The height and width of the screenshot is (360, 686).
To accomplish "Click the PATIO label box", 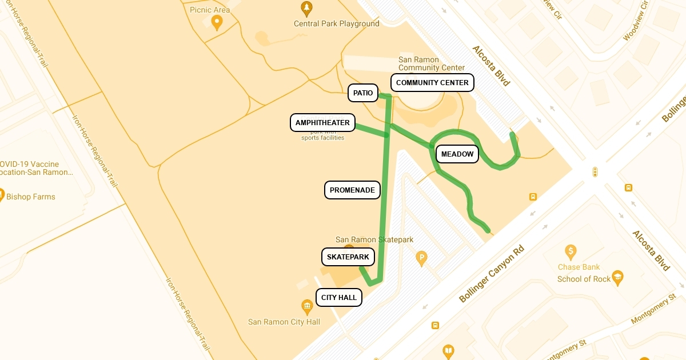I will click(x=363, y=93).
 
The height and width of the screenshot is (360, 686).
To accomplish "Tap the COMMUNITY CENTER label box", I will click(x=432, y=82).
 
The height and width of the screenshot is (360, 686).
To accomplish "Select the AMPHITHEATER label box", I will click(x=322, y=123).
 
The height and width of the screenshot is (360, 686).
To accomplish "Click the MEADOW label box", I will click(x=457, y=154).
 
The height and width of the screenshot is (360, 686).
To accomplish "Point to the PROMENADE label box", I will click(x=352, y=190).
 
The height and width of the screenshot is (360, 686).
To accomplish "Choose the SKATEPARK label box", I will click(x=348, y=257).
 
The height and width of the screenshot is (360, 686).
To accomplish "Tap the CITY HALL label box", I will click(x=339, y=297).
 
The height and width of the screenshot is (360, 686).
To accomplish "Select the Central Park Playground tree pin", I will click(x=307, y=9).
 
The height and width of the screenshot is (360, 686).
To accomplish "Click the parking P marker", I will click(x=421, y=258).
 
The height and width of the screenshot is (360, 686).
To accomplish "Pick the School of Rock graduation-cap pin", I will click(x=617, y=278).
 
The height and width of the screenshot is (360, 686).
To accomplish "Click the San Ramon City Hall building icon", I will click(x=308, y=307).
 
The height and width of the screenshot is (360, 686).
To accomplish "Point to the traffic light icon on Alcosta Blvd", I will click(x=595, y=172).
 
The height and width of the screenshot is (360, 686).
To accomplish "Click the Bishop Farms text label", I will click(x=31, y=197).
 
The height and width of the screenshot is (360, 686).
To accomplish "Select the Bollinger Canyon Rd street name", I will click(x=492, y=274).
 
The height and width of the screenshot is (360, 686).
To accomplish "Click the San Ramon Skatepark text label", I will click(x=374, y=239).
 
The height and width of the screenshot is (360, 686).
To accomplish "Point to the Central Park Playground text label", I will click(x=336, y=24).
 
